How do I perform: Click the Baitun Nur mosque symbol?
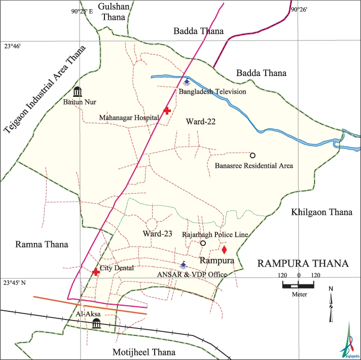click(x=77, y=92)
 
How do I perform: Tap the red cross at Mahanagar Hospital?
click(x=167, y=111)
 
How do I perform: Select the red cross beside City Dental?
click(x=95, y=272)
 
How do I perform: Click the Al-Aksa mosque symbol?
click(x=96, y=322)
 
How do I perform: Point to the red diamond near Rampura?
click(x=224, y=249)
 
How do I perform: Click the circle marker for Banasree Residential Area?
click(x=252, y=155)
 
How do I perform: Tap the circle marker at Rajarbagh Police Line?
click(x=203, y=243)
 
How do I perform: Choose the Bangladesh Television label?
click(x=212, y=92)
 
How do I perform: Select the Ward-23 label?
click(x=158, y=234)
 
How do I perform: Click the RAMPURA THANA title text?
click(x=303, y=264)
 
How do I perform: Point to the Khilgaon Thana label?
click(x=321, y=212)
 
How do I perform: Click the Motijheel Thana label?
click(x=143, y=352)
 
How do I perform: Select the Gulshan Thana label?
click(x=114, y=12)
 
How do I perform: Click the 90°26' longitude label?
click(x=299, y=9)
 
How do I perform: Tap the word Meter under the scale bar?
click(x=299, y=294)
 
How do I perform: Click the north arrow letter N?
click(x=331, y=289)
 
